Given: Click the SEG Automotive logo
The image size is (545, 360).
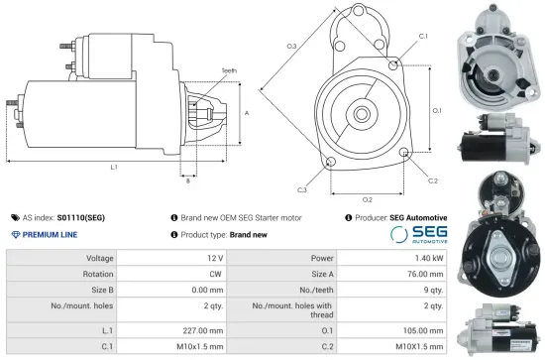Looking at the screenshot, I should click(417, 234).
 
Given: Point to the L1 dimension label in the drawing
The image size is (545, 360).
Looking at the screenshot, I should click(114, 167).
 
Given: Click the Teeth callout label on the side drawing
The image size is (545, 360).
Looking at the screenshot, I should click(229, 71).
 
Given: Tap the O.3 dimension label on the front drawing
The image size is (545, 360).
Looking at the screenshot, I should click(291, 47).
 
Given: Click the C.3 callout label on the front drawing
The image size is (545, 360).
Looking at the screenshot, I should click(300, 188).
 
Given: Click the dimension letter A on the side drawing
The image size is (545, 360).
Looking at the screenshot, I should click(245, 113).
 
